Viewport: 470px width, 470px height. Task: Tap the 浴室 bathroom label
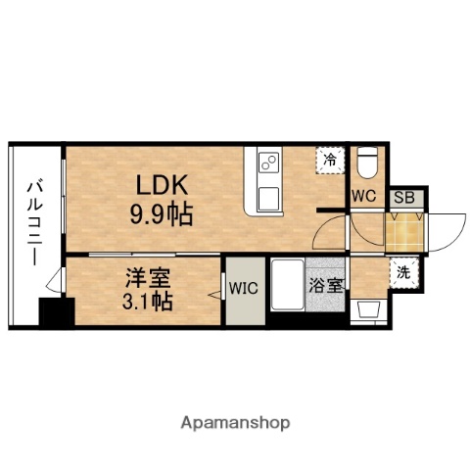point(325,287)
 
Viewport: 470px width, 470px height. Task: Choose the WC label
point(365,195)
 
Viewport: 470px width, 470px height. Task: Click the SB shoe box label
point(404,197)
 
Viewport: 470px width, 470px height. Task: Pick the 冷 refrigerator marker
point(331,159)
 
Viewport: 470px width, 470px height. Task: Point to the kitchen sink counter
point(268,181)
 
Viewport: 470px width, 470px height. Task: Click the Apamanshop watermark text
point(235,423)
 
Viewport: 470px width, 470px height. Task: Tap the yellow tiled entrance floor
point(404,231)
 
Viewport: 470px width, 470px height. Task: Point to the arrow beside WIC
point(216,293)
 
